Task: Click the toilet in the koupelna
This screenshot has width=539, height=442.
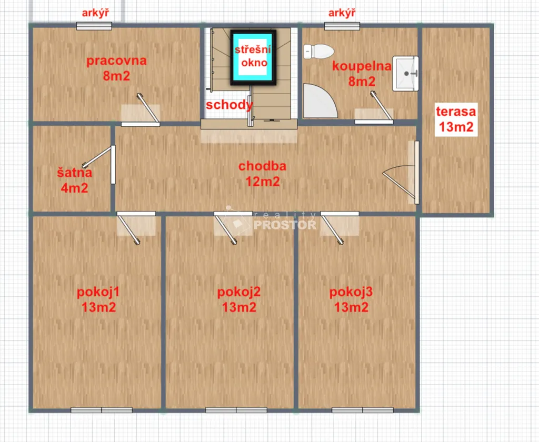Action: click(318, 51)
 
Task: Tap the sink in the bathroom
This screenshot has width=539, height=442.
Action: click(406, 74)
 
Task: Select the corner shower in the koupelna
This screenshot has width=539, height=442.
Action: click(320, 101)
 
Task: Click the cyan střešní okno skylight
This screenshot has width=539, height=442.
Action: click(253, 58)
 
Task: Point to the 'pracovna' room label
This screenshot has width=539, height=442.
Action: click(116, 61)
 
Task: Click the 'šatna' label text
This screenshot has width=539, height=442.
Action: click(75, 173)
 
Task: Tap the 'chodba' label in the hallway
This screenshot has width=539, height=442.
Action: click(262, 166)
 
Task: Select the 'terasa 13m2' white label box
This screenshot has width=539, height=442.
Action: click(456, 119)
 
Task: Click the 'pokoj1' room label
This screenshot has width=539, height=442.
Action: click(98, 292)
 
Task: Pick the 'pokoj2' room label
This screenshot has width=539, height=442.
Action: click(239, 292)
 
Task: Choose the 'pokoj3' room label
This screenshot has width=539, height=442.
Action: click(351, 292)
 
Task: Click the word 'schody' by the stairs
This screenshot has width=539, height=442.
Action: click(229, 105)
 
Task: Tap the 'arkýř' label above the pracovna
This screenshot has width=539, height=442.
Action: click(95, 13)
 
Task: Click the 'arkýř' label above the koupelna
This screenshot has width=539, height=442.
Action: click(342, 13)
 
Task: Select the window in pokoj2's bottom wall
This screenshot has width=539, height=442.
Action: click(236, 410)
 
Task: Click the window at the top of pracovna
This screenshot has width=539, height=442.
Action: click(94, 26)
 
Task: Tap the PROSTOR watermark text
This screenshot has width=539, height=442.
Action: click(285, 225)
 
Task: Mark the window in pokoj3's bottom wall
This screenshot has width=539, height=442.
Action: click(362, 410)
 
